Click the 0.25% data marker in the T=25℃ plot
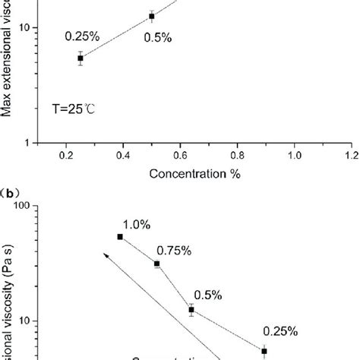point(81,58)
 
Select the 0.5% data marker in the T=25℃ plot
point(151,16)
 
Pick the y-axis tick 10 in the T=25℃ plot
point(24,28)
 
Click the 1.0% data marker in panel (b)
point(120,237)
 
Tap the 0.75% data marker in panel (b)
point(156,264)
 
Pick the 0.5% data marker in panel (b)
point(191,310)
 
